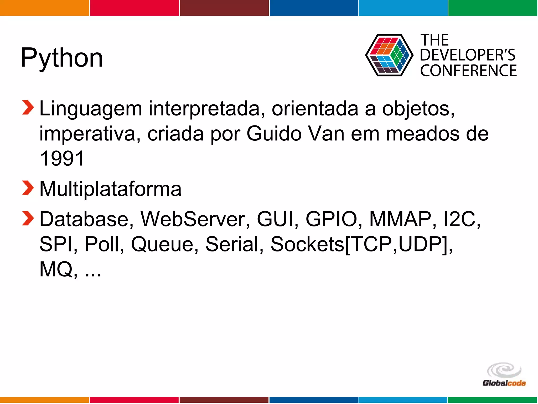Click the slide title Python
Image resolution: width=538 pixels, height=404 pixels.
coord(62,58)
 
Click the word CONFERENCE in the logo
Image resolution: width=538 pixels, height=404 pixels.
coord(468,71)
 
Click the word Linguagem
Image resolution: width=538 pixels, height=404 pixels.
coord(91,109)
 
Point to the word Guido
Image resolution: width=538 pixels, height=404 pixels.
coord(274,134)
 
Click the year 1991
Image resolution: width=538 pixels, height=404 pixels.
coord(62,158)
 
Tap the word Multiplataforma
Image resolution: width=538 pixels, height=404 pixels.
coord(110,189)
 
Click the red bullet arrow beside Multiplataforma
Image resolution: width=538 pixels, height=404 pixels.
coord(28,188)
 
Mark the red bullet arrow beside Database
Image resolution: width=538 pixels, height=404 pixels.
coord(28,218)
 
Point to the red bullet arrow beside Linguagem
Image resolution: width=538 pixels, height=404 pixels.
coord(28,108)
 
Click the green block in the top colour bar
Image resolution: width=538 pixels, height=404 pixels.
coord(493,8)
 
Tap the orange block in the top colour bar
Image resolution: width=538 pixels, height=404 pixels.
coord(44,8)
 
